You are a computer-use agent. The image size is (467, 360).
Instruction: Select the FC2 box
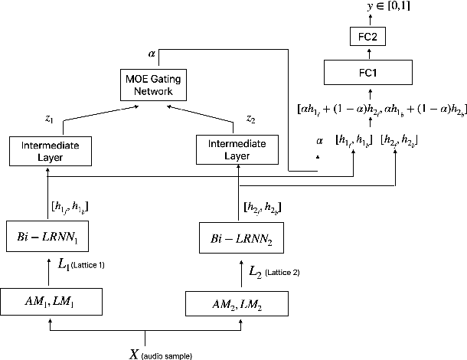(368, 37)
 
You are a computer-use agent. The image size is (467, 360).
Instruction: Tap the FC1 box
(368, 74)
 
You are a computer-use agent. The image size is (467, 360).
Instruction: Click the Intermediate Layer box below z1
(50, 150)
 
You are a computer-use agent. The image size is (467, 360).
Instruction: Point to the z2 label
(250, 119)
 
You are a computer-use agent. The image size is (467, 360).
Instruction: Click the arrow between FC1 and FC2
(368, 54)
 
